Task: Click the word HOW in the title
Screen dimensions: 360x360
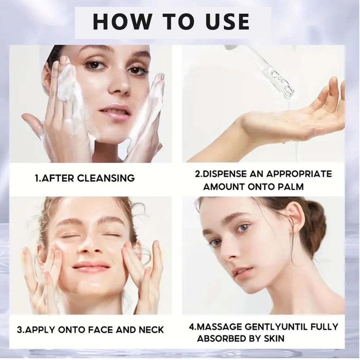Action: click(119, 21)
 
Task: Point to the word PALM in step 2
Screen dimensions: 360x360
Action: click(291, 186)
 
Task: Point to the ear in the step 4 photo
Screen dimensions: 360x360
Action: click(294, 220)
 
